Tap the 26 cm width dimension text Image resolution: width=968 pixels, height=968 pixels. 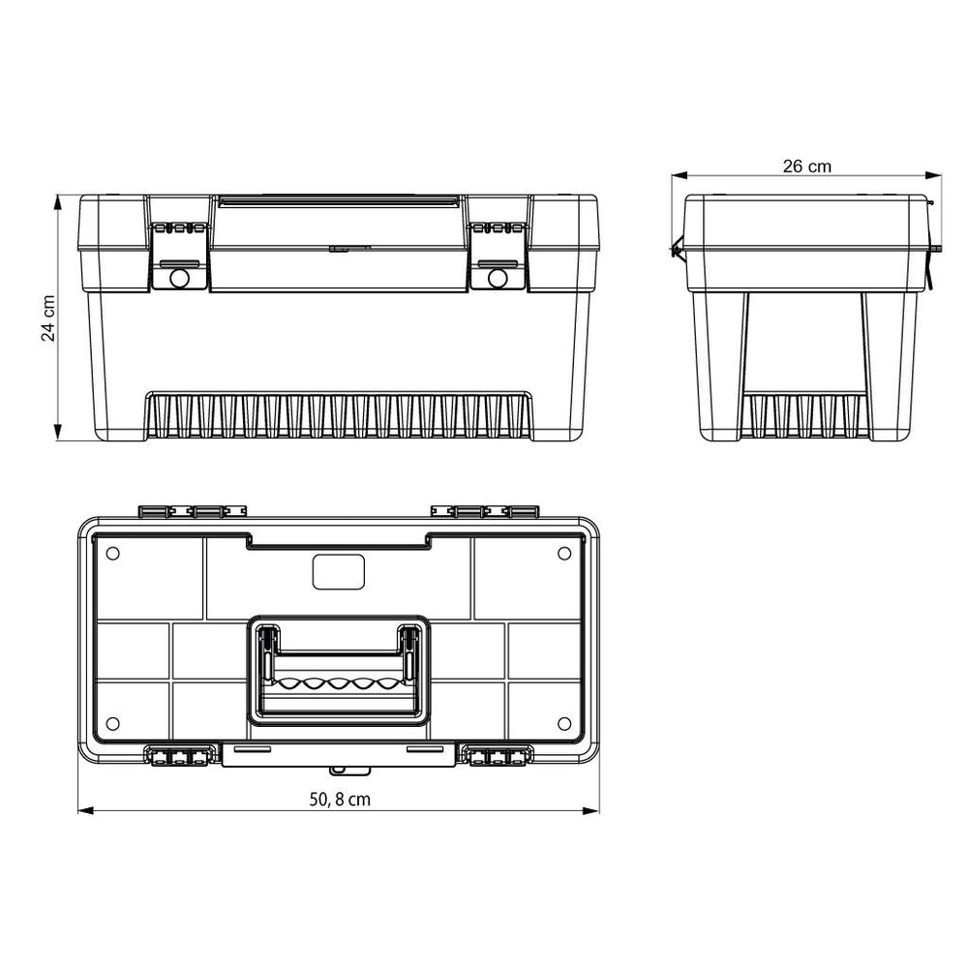(806, 166)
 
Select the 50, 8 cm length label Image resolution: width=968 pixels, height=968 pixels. (340, 800)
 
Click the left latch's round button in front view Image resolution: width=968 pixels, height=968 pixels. (178, 278)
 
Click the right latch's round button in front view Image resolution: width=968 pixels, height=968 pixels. (498, 278)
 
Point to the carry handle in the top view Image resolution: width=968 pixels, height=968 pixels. (339, 670)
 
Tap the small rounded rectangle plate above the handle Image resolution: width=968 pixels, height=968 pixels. (339, 572)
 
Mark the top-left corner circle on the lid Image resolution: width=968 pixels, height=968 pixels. (112, 553)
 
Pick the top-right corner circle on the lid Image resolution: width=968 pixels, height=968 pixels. (565, 553)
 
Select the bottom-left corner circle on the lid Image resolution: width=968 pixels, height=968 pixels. (112, 723)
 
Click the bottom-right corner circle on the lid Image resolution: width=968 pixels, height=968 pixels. (565, 723)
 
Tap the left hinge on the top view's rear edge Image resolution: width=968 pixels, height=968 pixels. (191, 511)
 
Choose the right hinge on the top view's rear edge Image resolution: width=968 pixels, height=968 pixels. (485, 511)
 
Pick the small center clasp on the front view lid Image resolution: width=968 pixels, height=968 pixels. (349, 248)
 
